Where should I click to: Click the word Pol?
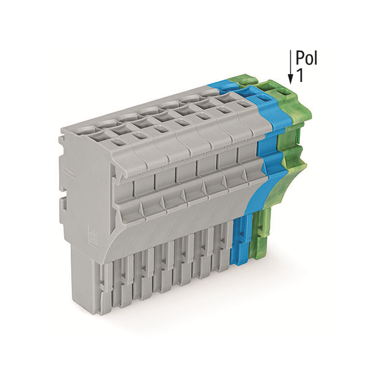pos(306,58)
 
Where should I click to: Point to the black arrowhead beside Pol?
pos(291,78)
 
